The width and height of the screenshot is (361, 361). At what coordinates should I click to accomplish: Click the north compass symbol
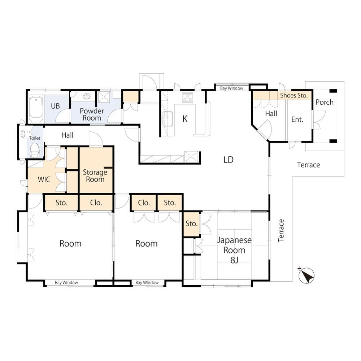[x=306, y=275]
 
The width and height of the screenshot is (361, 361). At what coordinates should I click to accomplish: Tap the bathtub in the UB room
[x=36, y=109]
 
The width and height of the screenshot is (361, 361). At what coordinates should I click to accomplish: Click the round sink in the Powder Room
[x=87, y=96]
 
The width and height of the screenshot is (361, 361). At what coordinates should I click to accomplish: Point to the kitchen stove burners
[x=187, y=97]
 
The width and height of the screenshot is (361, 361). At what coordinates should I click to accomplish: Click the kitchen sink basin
[x=168, y=119]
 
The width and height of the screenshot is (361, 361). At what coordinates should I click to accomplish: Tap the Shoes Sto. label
[x=294, y=95]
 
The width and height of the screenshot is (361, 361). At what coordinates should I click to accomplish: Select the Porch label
[x=325, y=102]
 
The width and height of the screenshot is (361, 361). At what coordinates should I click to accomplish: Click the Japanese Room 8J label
[x=234, y=250]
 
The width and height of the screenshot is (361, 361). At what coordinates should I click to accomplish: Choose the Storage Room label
[x=95, y=176]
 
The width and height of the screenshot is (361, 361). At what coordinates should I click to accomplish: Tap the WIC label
[x=44, y=179]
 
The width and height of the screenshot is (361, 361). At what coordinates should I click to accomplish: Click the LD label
[x=229, y=160]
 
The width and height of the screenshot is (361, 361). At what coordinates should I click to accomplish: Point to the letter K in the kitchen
[x=185, y=118]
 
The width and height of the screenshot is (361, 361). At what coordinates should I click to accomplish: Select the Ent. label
[x=297, y=119]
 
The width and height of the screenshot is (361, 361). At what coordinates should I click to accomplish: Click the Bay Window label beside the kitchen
[x=232, y=88]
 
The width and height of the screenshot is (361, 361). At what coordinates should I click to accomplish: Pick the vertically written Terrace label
[x=281, y=230]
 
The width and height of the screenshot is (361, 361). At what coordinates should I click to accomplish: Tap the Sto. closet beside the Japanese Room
[x=192, y=223]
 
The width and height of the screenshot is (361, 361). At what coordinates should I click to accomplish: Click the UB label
[x=55, y=106]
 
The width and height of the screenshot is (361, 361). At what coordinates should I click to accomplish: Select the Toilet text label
[x=35, y=138]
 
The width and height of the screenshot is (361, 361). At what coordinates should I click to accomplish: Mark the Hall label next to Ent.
[x=271, y=113]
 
